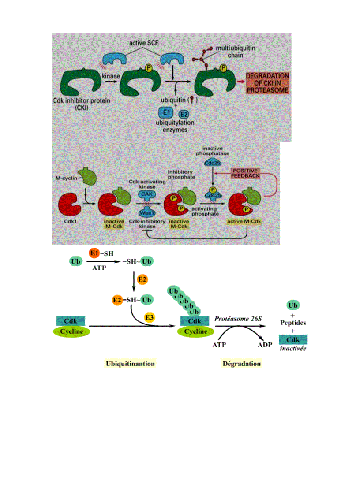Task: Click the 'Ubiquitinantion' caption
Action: point(131,363)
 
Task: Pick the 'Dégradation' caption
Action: point(241,363)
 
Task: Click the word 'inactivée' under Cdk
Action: point(293,348)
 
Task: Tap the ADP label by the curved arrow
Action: point(265,345)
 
